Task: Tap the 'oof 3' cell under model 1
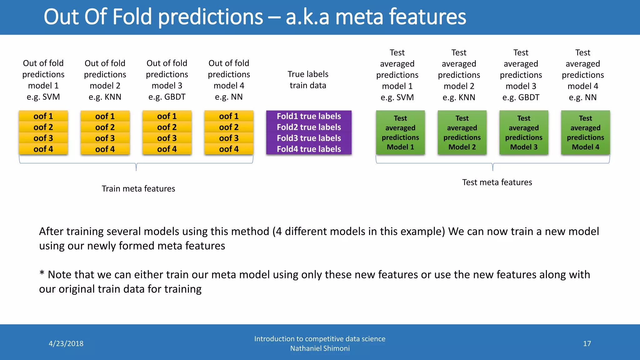pos(43,138)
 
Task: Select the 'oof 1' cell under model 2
pos(105,116)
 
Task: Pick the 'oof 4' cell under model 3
pos(167,149)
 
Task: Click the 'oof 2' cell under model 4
pos(229,127)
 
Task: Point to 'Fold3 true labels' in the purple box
pos(309,138)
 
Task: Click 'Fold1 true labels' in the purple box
pos(309,116)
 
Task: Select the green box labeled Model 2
pos(462,132)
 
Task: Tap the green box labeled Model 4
pos(585,132)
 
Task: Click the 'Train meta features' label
pos(138,189)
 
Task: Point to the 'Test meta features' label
pos(497,182)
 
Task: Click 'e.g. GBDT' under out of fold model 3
pos(167,97)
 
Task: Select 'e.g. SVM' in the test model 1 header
pos(397,97)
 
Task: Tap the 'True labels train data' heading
pos(308,80)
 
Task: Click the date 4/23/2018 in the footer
pos(66,344)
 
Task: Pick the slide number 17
pos(587,344)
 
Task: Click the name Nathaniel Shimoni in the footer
pos(320,348)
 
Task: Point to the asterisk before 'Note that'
pos(42,274)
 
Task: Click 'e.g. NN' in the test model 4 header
pos(582,97)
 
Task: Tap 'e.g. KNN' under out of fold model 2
pos(105,97)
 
